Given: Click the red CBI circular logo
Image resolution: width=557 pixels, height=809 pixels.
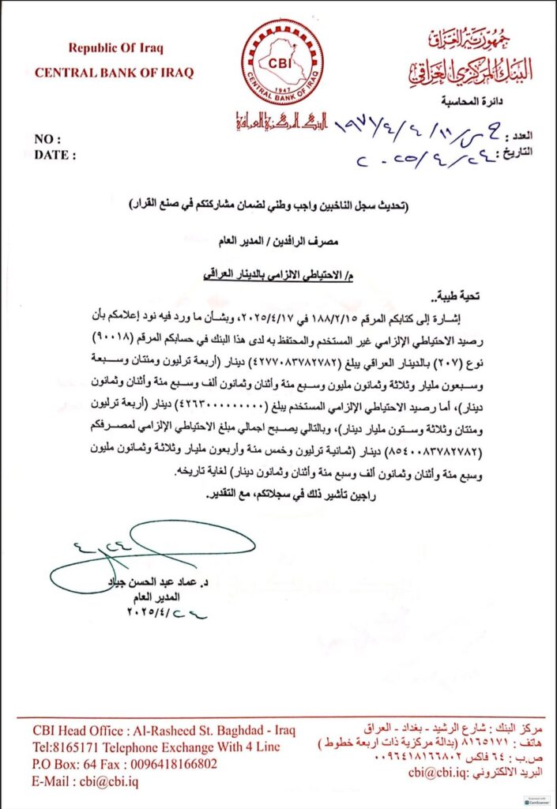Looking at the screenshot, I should point(281,62).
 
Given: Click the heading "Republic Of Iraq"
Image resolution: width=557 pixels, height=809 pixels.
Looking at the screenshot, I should point(115,48).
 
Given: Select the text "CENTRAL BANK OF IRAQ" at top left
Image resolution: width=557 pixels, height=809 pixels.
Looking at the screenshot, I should point(114,73).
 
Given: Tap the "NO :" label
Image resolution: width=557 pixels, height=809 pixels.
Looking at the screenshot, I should point(49,139).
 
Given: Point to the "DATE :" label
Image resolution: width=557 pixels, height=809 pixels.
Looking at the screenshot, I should point(55,155).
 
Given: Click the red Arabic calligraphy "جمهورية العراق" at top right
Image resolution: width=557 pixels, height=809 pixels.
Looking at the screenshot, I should point(482,37).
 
